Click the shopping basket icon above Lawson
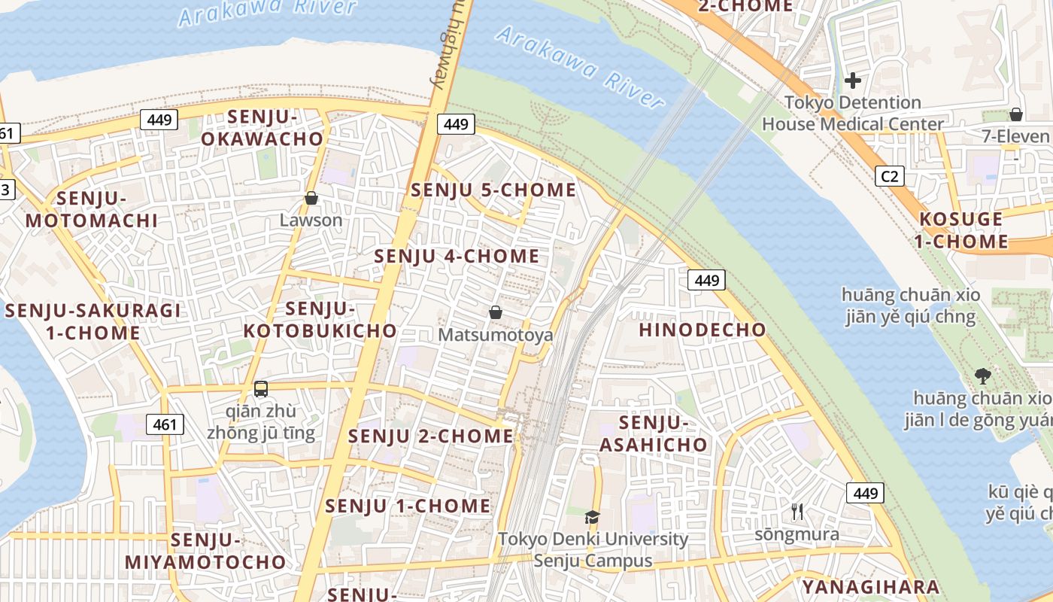pos(311,199)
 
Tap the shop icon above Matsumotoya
pos(496,312)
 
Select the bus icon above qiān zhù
pos(261,389)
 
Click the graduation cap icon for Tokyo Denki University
pos(593,517)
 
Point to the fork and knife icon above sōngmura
pos(797,512)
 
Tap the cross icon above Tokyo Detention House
pos(853,80)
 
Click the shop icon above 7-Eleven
pos(1015,114)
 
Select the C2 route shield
pos(889,176)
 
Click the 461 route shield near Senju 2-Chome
pos(165,424)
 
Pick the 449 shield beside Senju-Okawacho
pos(159,119)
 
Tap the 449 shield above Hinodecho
pos(706,281)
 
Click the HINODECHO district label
pos(702,330)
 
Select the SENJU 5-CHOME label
pos(493,190)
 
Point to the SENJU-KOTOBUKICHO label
pos(320,320)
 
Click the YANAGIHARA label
pos(870,587)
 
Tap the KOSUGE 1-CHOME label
pos(963,230)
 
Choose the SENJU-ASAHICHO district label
pos(653,433)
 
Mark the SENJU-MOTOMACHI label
pos(92,209)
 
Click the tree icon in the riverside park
pos(982,375)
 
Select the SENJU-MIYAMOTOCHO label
pos(205,551)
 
